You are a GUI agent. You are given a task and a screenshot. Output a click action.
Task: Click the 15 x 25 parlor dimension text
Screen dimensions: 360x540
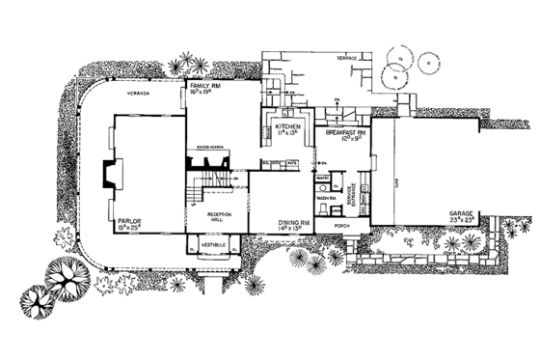[130, 230]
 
